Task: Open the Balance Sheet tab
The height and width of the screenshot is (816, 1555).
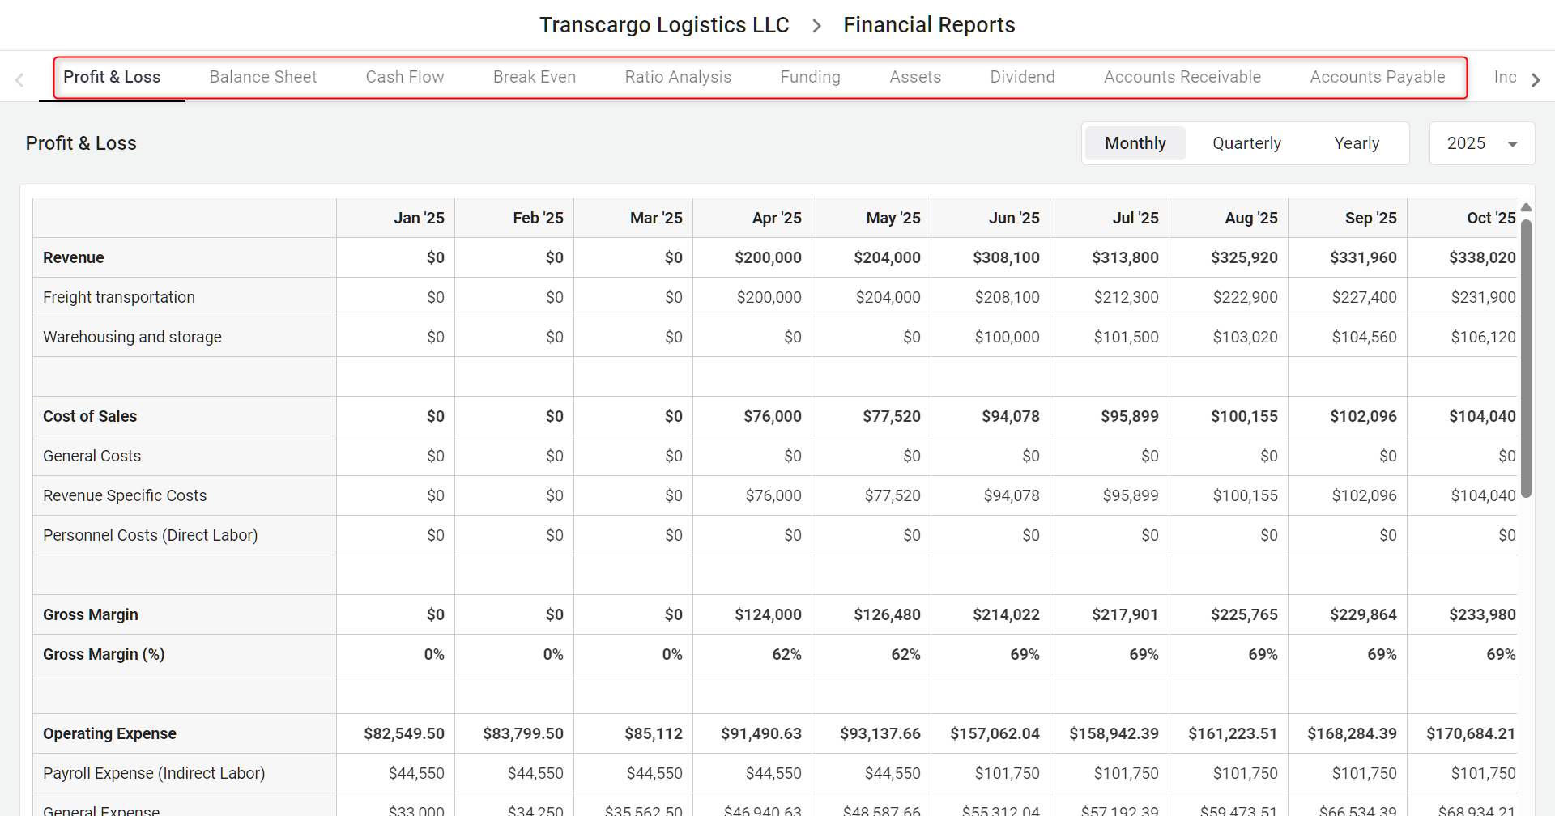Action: (x=263, y=77)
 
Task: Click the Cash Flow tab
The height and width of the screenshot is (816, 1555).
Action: (x=405, y=77)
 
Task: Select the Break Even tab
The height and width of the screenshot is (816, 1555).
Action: (x=535, y=77)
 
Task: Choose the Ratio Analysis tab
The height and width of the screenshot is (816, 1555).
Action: (x=678, y=77)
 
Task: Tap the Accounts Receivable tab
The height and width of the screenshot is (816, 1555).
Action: (x=1182, y=77)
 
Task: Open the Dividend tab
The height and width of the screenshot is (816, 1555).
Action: (x=1022, y=77)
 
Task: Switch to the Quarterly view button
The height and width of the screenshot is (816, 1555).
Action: (x=1246, y=143)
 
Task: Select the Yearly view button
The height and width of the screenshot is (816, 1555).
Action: (x=1357, y=143)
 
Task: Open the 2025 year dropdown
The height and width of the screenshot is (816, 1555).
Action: (x=1482, y=143)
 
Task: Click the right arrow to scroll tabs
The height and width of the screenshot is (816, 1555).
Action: (x=1536, y=79)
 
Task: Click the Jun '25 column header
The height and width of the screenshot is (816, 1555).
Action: (x=1014, y=218)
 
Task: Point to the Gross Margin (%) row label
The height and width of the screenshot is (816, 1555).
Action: (x=104, y=654)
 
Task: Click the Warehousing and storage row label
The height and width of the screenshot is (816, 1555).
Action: (x=132, y=337)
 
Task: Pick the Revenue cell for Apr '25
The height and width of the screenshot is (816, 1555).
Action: (x=768, y=257)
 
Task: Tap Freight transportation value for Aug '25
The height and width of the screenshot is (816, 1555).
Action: (x=1245, y=297)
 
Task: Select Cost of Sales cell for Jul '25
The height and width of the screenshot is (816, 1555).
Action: (x=1129, y=416)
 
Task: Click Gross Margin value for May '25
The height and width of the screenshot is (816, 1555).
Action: (x=887, y=614)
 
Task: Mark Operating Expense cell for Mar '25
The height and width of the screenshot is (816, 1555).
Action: (x=653, y=733)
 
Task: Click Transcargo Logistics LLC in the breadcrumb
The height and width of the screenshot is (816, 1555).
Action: (x=664, y=25)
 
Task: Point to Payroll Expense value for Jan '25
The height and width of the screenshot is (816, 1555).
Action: (x=416, y=773)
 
